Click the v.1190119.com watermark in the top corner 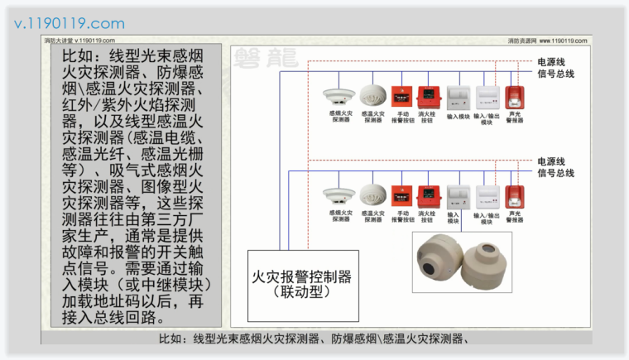70,23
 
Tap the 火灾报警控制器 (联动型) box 303,284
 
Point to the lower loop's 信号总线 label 555,173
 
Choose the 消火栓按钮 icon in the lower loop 427,196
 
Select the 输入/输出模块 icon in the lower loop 485,197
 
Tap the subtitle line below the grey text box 314,338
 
